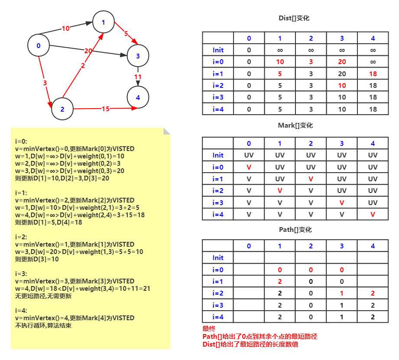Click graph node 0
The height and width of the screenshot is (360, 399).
tap(39, 45)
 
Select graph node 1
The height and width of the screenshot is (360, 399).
tap(103, 22)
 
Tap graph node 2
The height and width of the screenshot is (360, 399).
tap(62, 109)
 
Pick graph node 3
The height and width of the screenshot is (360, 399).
tap(138, 56)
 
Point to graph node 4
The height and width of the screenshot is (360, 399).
tap(138, 97)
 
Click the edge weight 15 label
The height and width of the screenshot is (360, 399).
tap(106, 109)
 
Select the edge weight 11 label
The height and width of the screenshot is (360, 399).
tap(138, 77)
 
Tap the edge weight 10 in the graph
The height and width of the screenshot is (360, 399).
tap(66, 29)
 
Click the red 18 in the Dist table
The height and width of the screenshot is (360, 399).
tap(373, 74)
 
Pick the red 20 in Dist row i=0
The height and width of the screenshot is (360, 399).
tap(342, 62)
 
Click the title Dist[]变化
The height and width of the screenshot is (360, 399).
tap(294, 18)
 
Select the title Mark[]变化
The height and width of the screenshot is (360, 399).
tap(295, 125)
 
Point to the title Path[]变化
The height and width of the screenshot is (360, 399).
tap(295, 230)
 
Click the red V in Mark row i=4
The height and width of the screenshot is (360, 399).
tap(373, 215)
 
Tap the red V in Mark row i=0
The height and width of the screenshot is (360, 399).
tap(249, 167)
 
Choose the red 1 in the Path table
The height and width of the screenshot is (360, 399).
tap(342, 293)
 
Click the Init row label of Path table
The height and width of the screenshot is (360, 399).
tap(218, 258)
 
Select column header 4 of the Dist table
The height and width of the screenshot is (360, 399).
tap(373, 38)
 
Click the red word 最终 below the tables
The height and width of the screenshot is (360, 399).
tap(209, 329)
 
